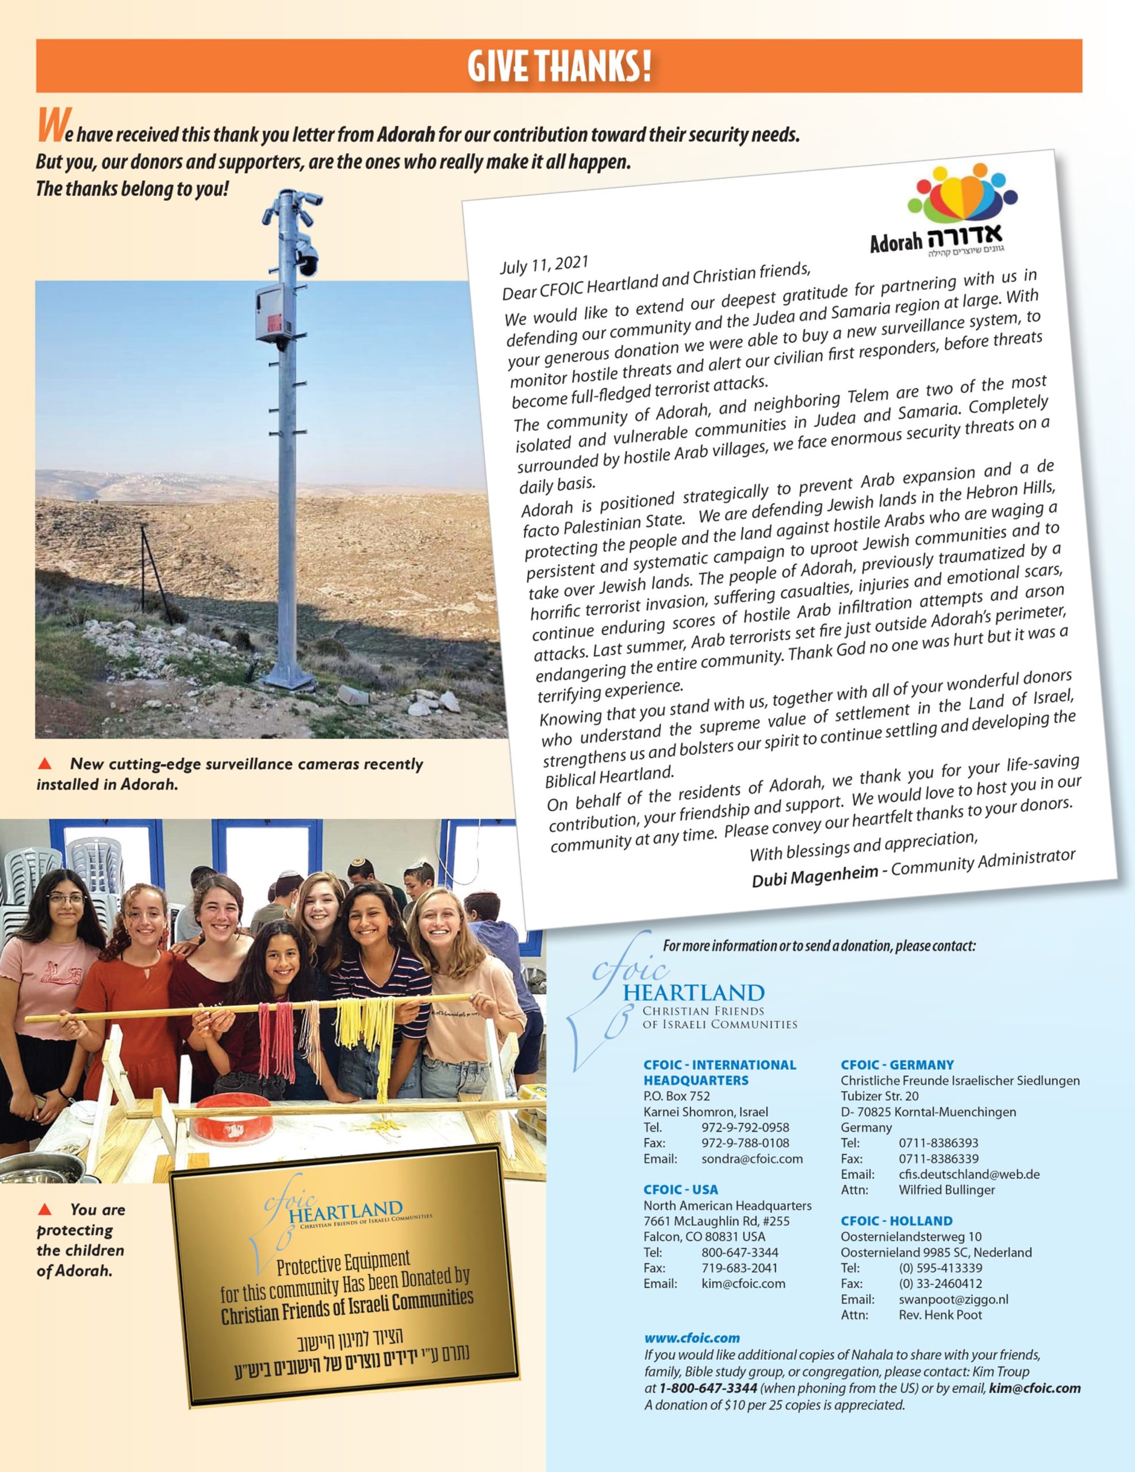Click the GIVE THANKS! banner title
click(x=559, y=66)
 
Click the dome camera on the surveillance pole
click(x=308, y=259)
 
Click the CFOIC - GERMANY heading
click(x=897, y=1065)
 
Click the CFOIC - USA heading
click(x=681, y=1190)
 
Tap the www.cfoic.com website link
click(x=692, y=1338)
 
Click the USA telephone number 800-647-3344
click(x=739, y=1252)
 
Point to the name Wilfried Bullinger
click(x=946, y=1190)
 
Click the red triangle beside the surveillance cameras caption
click(x=45, y=764)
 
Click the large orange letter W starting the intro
click(x=51, y=126)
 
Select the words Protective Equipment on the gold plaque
click(x=343, y=1264)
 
